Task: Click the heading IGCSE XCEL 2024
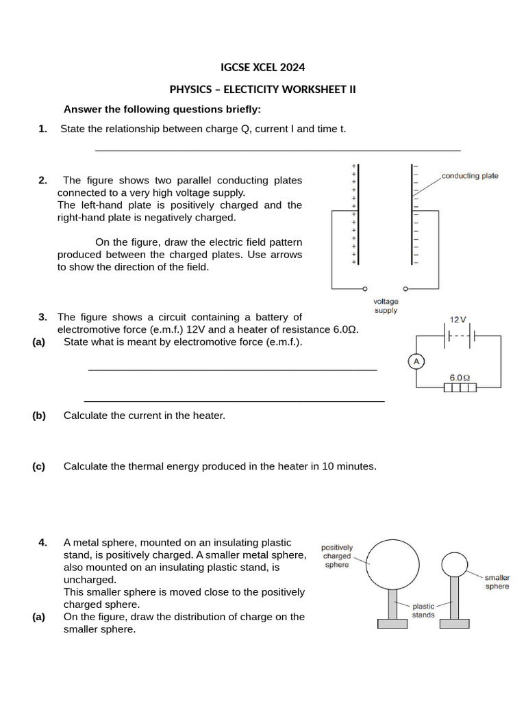point(262,67)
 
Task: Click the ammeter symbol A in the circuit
point(415,362)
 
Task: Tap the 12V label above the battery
point(458,320)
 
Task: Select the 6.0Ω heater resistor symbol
point(460,388)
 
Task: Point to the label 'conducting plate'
point(470,176)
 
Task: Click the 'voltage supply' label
point(386,305)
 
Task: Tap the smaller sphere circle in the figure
point(454,564)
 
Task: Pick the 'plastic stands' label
point(423,610)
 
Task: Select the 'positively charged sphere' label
point(337,556)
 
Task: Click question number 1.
point(43,129)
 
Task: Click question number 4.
point(43,543)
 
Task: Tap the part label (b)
point(38,415)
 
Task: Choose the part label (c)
point(38,466)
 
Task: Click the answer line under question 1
point(277,150)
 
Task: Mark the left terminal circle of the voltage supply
point(365,288)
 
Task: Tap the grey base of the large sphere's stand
point(393,623)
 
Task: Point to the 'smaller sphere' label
point(497,582)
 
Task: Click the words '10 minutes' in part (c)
point(349,466)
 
